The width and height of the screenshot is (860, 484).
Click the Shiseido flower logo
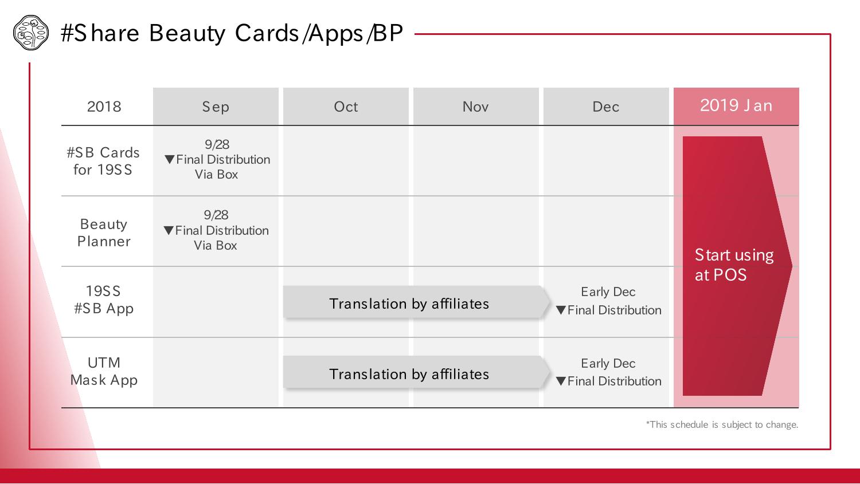coord(31,33)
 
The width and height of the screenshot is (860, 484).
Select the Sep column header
coord(216,106)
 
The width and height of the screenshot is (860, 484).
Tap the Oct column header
coord(346,106)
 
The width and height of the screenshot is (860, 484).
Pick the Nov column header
coord(476,106)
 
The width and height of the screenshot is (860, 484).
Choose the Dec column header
coord(606,106)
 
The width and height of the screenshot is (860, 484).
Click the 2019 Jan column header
coord(736,106)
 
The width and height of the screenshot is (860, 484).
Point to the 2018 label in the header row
coord(104,107)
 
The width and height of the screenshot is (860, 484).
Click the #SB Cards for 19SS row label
coord(103,161)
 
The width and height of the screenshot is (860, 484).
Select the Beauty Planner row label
coord(104,233)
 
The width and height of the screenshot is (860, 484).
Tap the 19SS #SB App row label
coord(104,300)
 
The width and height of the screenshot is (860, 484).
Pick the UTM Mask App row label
coord(104,371)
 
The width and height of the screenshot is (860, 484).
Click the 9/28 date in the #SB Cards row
coord(217,144)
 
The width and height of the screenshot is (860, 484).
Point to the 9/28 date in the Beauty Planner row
coord(216,215)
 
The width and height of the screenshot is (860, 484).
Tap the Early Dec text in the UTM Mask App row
coord(608,363)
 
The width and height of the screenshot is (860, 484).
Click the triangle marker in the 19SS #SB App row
coord(561,310)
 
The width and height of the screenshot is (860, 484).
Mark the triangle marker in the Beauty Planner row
coord(169,230)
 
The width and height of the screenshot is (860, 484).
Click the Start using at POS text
coord(734,265)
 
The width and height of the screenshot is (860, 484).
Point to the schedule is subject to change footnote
coord(722,424)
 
